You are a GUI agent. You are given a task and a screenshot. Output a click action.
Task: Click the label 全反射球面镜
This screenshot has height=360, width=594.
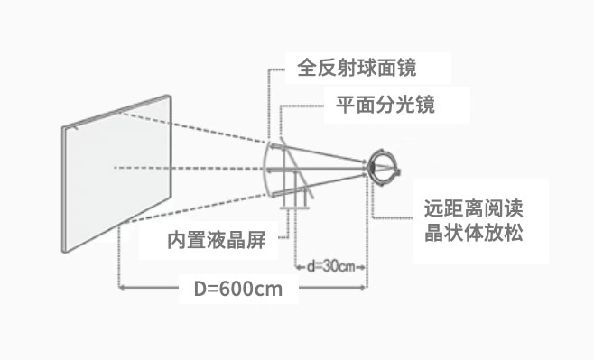pyautogui.click(x=357, y=69)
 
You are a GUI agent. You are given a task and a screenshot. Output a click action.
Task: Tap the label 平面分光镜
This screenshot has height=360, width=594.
pyautogui.click(x=385, y=105)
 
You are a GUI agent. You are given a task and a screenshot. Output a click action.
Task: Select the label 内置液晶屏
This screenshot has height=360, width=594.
pyautogui.click(x=217, y=240)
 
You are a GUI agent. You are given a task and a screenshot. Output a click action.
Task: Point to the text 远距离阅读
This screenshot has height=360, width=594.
pyautogui.click(x=474, y=208)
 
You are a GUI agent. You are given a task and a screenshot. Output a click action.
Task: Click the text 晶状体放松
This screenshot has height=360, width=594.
pyautogui.click(x=474, y=233)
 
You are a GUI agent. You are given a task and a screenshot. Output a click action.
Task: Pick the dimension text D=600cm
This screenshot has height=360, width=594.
pyautogui.click(x=238, y=290)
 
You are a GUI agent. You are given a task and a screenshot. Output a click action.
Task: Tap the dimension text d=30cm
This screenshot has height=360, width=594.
pyautogui.click(x=330, y=266)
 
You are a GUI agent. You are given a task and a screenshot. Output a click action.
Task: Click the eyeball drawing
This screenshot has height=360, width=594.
pyautogui.click(x=384, y=168)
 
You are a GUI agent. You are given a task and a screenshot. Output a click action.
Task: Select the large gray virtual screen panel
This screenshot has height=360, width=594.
pyautogui.click(x=116, y=173)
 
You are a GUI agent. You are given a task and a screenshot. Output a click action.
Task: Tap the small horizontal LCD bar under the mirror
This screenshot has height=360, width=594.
pyautogui.click(x=295, y=208)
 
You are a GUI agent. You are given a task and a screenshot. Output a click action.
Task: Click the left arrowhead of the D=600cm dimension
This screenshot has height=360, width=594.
pyautogui.click(x=122, y=287)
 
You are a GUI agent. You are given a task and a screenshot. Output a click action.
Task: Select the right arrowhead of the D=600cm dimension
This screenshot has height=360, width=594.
pyautogui.click(x=364, y=287)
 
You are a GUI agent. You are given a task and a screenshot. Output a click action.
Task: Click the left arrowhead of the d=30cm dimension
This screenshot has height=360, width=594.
pyautogui.click(x=299, y=267)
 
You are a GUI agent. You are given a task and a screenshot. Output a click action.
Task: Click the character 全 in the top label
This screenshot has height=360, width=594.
pyautogui.click(x=307, y=69)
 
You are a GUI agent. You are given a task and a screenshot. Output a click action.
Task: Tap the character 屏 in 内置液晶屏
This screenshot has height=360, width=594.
pyautogui.click(x=256, y=240)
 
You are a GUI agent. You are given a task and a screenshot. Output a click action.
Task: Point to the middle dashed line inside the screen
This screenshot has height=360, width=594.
pyautogui.click(x=142, y=168)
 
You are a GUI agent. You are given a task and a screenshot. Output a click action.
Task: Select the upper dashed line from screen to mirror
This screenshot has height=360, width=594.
pyautogui.click(x=193, y=127)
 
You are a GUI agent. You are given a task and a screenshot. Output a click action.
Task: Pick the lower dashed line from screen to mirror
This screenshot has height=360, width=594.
pyautogui.click(x=196, y=208)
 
